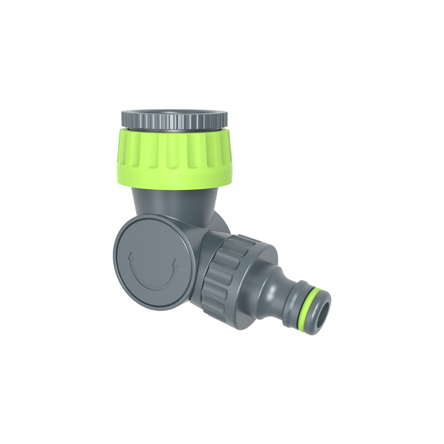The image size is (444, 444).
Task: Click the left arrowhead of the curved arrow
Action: click(x=130, y=258)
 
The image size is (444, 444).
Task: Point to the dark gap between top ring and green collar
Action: click(x=174, y=129)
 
